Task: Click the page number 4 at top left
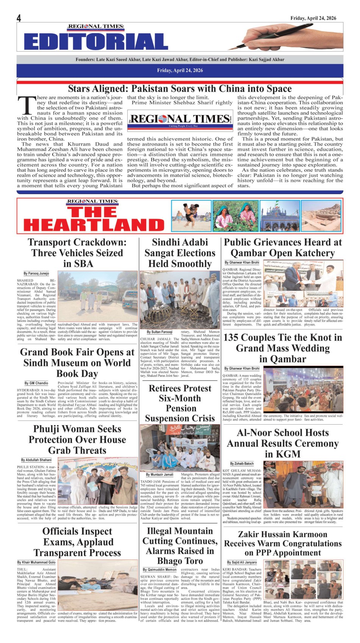point(19,18)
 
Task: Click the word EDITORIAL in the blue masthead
point(96,42)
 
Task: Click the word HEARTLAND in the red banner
point(94,225)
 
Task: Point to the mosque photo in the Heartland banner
point(280,216)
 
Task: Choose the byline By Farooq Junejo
point(36,273)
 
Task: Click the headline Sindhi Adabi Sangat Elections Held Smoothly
point(180,253)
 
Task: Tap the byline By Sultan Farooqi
point(159,332)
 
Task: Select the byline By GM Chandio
point(36,383)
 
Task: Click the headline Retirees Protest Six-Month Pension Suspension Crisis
point(180,403)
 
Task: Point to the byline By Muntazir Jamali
point(160,474)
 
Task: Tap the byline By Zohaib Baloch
point(242,464)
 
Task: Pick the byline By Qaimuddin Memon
point(160,569)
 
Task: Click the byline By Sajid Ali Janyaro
point(242,562)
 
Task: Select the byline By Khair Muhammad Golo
point(36,562)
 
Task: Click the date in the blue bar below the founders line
point(180,70)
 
